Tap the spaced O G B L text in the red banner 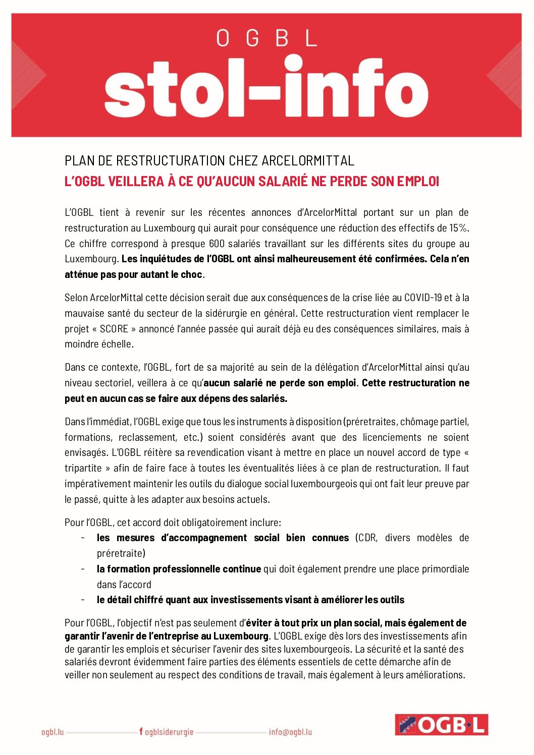(266, 38)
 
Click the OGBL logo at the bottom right (441, 725)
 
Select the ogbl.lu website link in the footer (52, 732)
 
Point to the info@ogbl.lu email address (290, 732)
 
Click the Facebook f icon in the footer (141, 731)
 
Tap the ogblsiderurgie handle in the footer (169, 732)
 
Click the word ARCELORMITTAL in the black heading (308, 161)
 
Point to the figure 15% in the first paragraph (458, 228)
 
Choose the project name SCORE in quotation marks (114, 329)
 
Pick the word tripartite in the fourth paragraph (83, 469)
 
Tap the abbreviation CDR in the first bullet (367, 538)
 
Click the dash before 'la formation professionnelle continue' (82, 569)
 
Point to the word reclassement (147, 437)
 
